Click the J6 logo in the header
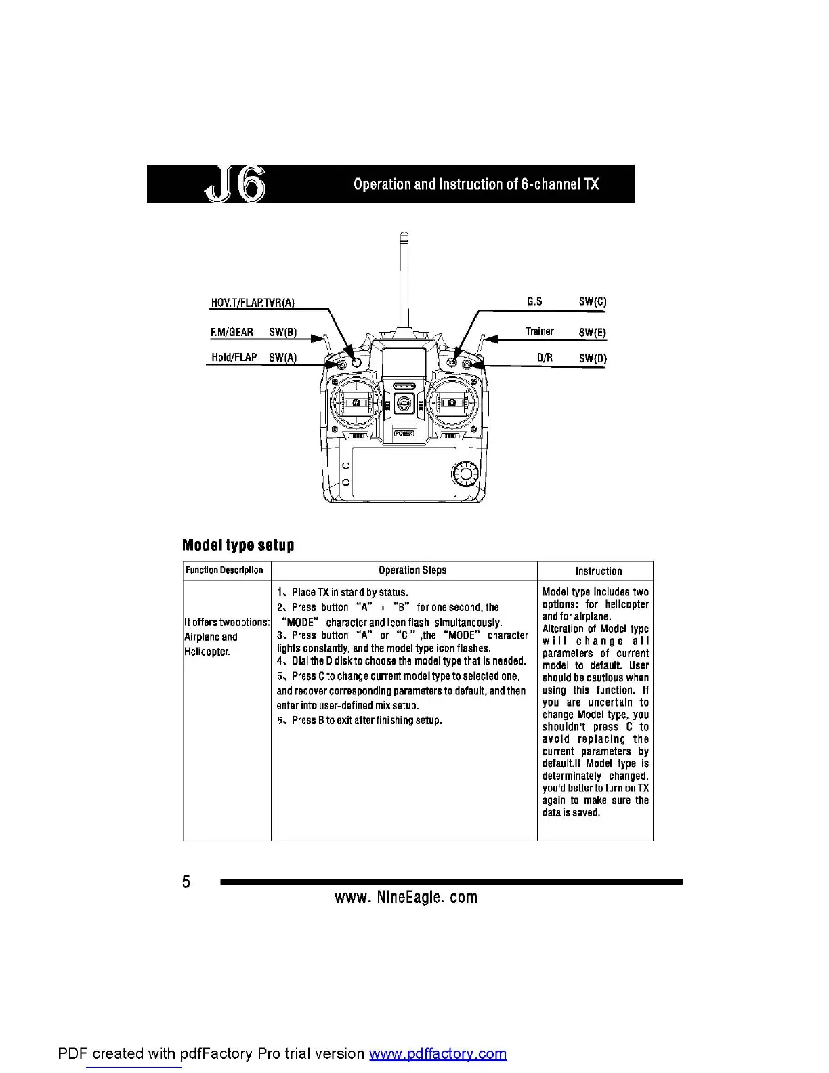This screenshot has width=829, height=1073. click(235, 184)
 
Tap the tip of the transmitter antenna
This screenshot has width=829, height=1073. click(403, 236)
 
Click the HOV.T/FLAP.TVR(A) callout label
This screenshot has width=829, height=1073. click(253, 303)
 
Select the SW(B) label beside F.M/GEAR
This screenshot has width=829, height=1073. click(282, 333)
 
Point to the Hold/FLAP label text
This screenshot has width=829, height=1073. click(234, 357)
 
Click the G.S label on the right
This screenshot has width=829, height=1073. click(534, 301)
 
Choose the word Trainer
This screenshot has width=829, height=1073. click(539, 331)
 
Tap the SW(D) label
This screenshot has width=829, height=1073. click(593, 358)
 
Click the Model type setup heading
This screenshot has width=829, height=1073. click(238, 545)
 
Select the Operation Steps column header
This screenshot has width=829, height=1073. click(412, 570)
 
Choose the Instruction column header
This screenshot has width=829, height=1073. click(598, 571)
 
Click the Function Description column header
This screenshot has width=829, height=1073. click(224, 570)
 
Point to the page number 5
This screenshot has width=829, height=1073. click(186, 881)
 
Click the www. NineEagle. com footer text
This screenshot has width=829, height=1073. click(406, 898)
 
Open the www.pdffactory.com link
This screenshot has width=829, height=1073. click(438, 1054)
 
